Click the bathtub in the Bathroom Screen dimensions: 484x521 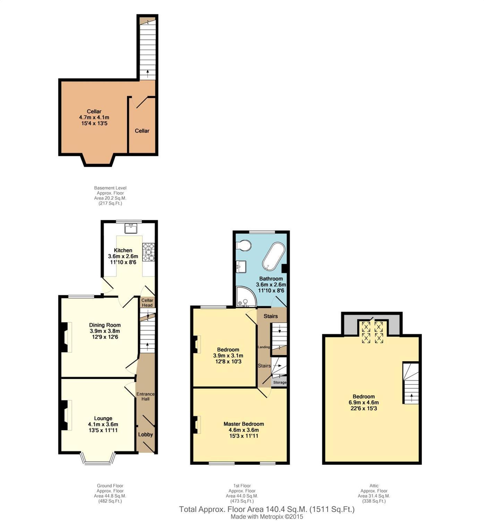[x=274, y=256]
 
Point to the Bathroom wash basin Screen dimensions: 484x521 [x=241, y=266]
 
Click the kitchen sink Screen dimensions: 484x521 [x=131, y=228]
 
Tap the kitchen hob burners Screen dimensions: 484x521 [x=148, y=252]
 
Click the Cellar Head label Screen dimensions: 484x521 [x=147, y=303]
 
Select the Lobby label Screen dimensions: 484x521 [x=145, y=435]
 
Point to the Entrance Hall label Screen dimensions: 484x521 [x=145, y=396]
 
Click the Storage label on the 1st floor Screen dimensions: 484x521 [x=280, y=382]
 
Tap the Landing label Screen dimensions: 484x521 [x=264, y=347]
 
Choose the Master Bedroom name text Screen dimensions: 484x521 [x=244, y=424]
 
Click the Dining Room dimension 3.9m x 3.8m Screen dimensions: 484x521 [x=105, y=331]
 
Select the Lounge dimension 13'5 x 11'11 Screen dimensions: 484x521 [x=103, y=430]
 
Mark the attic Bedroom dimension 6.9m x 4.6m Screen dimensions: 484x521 [x=364, y=403]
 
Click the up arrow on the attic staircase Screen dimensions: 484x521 [x=411, y=397]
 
